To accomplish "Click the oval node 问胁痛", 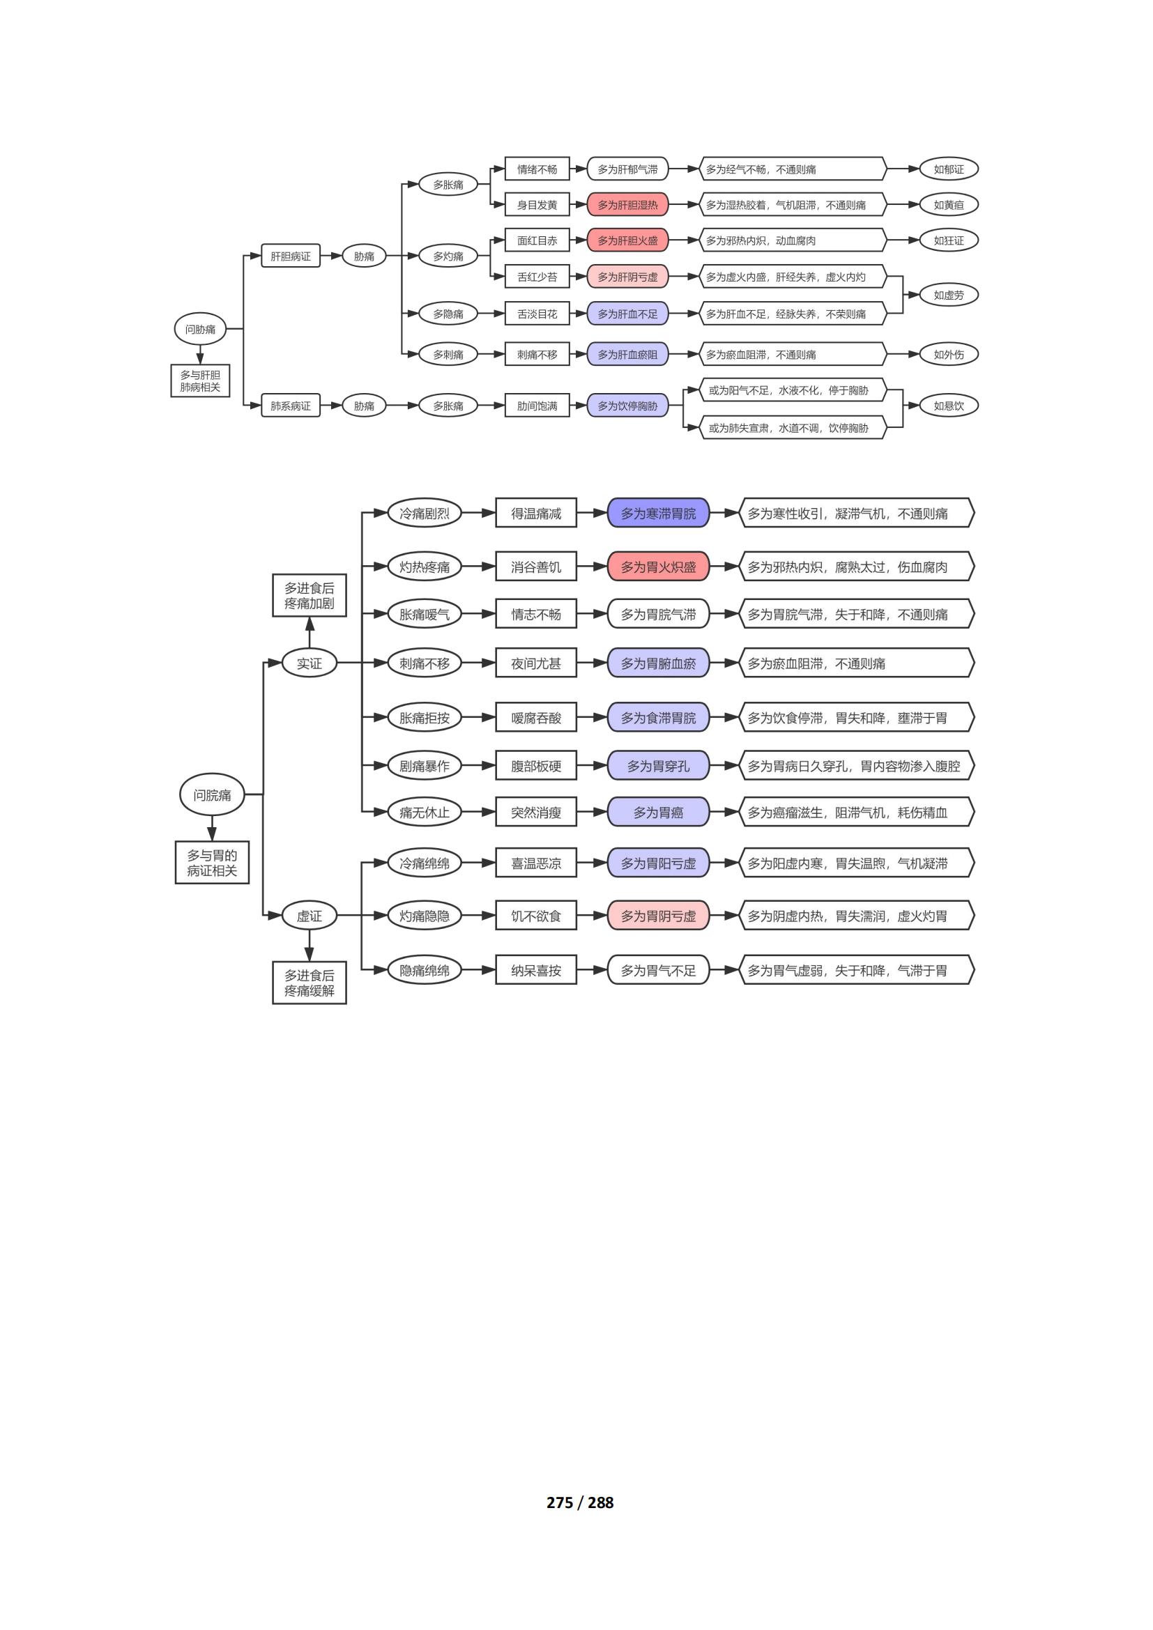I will [200, 329].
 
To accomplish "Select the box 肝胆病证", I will [291, 256].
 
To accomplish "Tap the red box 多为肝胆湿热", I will [627, 204].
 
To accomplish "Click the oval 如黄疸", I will [949, 204].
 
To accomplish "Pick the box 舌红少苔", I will [537, 277].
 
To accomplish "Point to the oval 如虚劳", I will [949, 295].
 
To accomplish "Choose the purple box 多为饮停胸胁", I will [627, 406].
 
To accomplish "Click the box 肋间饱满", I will [537, 406].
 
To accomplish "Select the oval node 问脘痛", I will [213, 794].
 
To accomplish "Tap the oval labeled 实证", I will [309, 663].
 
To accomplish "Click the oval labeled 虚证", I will [309, 916].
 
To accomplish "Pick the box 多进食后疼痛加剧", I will [309, 595].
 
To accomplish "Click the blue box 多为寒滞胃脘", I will [658, 513].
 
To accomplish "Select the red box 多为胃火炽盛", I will [658, 567].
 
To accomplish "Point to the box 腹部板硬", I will [536, 765].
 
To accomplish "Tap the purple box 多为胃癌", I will [658, 812].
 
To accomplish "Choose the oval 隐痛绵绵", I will [425, 970].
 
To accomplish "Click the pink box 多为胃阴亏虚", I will [658, 916].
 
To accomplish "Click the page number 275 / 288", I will [580, 1502].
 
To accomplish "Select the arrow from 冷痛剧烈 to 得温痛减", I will [478, 513].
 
